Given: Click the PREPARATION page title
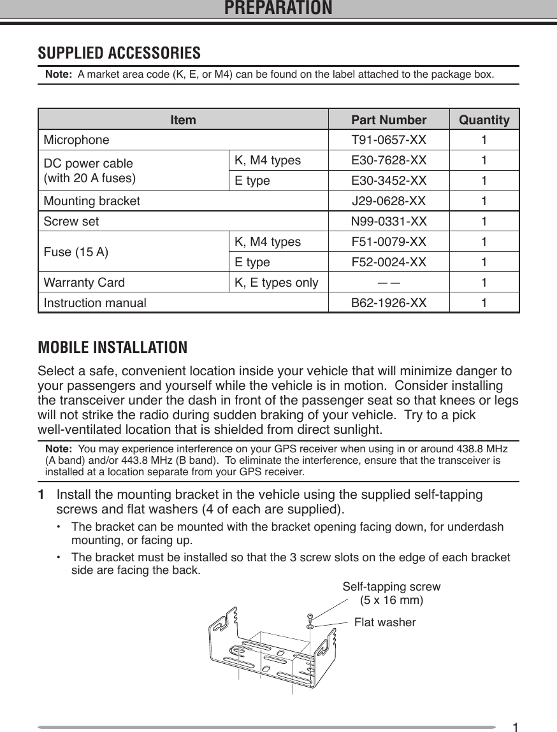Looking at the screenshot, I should [x=278, y=8].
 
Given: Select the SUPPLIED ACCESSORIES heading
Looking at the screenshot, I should [x=119, y=52].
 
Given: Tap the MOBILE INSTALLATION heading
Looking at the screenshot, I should [x=113, y=348].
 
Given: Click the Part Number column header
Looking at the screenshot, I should [x=389, y=120].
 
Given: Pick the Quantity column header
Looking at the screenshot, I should [x=484, y=120].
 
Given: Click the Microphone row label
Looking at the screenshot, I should [x=76, y=140].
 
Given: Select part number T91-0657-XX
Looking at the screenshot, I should [x=389, y=140].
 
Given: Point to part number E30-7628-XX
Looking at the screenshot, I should [x=389, y=160].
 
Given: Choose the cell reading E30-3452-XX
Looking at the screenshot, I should [x=389, y=180].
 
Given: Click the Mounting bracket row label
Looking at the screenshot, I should [x=92, y=202].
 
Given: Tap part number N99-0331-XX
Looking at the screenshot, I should [x=389, y=222].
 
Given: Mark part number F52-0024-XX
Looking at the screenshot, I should [x=389, y=262].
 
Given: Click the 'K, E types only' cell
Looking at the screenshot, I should [x=277, y=283].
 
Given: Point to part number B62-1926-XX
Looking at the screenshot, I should [x=389, y=303].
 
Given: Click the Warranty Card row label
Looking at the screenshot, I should [x=84, y=283].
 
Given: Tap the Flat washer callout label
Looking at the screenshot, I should [x=384, y=622].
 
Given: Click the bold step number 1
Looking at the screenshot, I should [x=41, y=495].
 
